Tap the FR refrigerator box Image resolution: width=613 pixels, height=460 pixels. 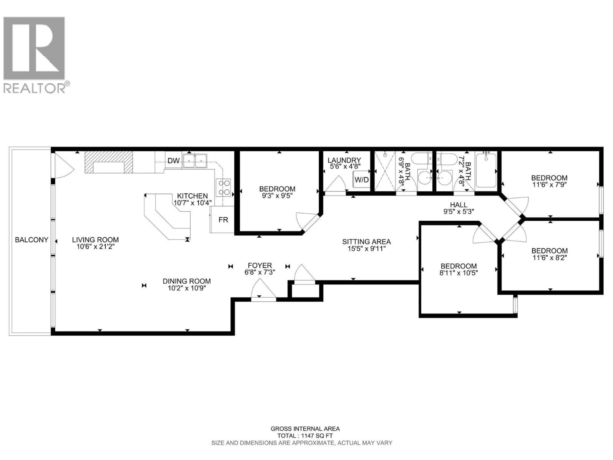(x=223, y=220)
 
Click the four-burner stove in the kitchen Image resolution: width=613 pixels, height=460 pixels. (x=223, y=188)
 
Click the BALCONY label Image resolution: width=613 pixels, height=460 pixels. (x=32, y=240)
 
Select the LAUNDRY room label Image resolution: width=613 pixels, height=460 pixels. (x=344, y=160)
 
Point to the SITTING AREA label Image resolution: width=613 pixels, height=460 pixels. (x=366, y=241)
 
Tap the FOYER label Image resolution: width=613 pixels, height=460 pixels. (x=260, y=265)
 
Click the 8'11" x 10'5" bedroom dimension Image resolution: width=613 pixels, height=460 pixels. (x=459, y=273)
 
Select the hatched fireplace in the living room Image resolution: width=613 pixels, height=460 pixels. (x=109, y=162)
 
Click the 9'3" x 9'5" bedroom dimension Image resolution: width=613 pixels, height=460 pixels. (x=277, y=196)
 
